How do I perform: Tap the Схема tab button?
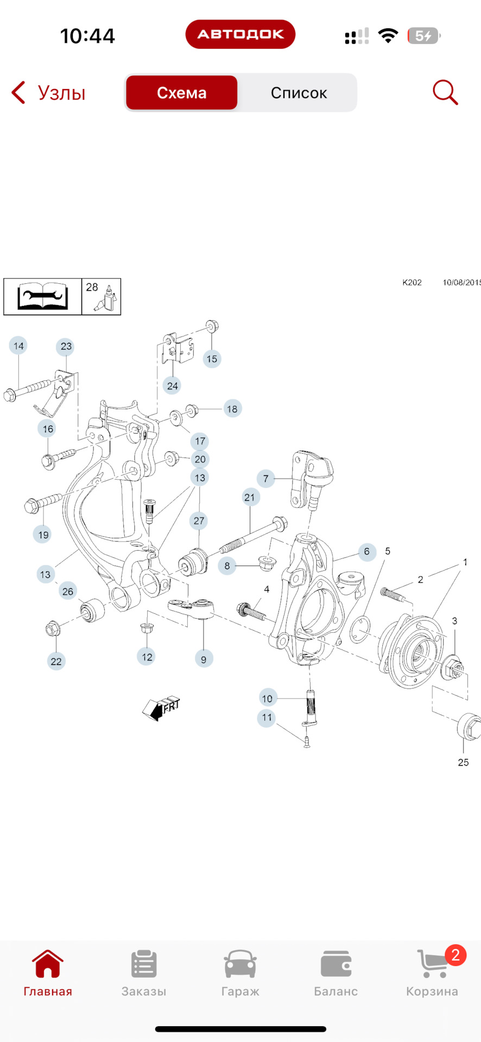[181, 93]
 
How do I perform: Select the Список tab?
[299, 93]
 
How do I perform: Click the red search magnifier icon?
[445, 92]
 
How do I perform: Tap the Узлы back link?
[49, 93]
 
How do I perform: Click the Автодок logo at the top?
[240, 34]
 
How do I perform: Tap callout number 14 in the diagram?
[18, 346]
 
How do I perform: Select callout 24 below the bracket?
[172, 386]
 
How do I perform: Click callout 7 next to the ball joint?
[265, 479]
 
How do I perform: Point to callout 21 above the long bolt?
[249, 497]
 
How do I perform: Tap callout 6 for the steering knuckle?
[366, 552]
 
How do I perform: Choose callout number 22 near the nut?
[56, 661]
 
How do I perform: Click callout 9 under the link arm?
[204, 659]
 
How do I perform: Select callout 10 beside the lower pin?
[267, 698]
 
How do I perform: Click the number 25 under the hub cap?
[463, 763]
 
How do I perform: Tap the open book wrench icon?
[43, 297]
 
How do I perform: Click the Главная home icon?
[48, 965]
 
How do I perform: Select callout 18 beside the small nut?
[232, 409]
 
